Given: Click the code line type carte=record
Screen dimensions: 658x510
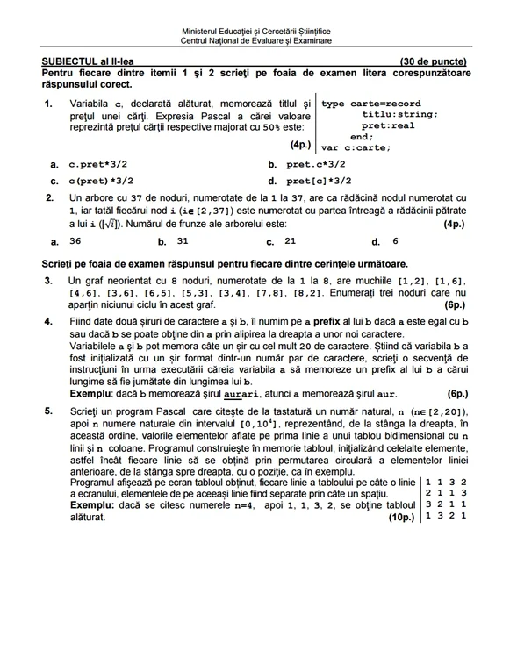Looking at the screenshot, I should pyautogui.click(x=371, y=104).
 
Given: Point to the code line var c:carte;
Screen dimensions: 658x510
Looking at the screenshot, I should pyautogui.click(x=356, y=147).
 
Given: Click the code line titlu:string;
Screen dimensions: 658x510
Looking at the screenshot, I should pyautogui.click(x=399, y=114).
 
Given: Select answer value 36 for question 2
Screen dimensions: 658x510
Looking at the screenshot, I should pyautogui.click(x=75, y=240).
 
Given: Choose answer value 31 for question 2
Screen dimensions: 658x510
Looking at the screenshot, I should pyautogui.click(x=183, y=240).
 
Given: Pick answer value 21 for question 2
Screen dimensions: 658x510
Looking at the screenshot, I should pyautogui.click(x=291, y=240).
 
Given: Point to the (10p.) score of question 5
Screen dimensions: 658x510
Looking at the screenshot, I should pyautogui.click(x=401, y=518).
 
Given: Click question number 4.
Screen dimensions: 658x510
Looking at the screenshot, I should pyautogui.click(x=48, y=322).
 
